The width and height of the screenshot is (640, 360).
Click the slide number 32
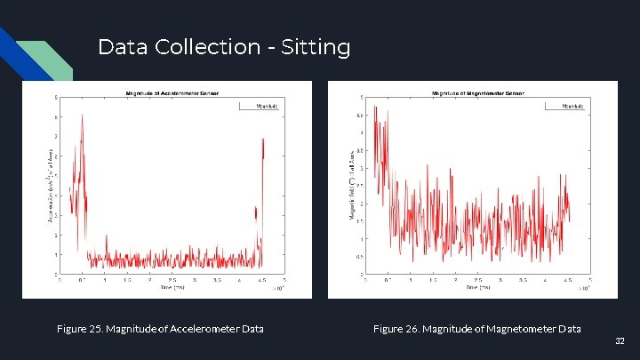coord(620,340)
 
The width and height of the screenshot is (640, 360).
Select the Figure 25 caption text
coord(160,329)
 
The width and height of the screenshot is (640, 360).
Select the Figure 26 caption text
coord(476,329)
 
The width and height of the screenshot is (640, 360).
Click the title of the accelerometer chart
coord(172,92)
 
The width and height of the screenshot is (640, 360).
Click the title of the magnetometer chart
coord(477,92)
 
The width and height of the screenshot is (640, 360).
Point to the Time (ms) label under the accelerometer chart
coord(172,287)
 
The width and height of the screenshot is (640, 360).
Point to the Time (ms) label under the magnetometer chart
coord(477,287)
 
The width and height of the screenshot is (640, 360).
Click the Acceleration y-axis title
coord(50,185)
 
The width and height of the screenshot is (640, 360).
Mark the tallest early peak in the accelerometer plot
coord(82,116)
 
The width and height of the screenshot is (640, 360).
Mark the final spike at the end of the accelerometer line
coord(263,140)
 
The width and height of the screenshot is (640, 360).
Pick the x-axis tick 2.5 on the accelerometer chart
coord(172,279)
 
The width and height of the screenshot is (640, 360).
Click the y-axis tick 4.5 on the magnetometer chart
coord(360,116)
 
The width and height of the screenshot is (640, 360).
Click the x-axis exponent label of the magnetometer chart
coord(583,288)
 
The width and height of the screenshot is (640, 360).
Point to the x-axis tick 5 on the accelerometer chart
coord(284,279)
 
